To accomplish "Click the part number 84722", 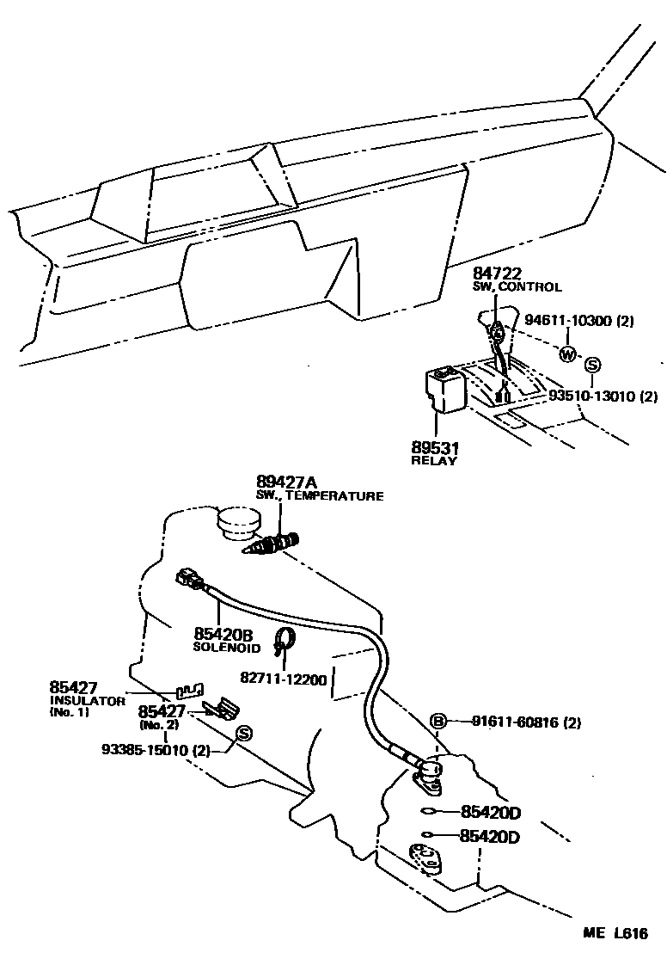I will (x=497, y=274).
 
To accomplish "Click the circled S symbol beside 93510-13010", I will (x=591, y=365).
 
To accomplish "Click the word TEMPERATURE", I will (x=340, y=496).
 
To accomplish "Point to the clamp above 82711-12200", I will (x=285, y=640).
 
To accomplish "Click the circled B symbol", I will (x=438, y=722).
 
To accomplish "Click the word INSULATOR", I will (x=88, y=701).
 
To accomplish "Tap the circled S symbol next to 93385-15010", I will (x=242, y=733).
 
